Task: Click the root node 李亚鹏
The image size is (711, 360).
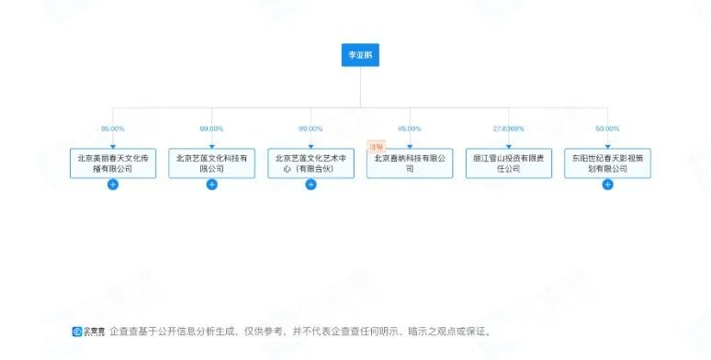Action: click(x=359, y=55)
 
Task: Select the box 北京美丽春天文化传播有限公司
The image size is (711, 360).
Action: click(x=113, y=163)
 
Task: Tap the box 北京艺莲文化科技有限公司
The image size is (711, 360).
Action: click(x=212, y=163)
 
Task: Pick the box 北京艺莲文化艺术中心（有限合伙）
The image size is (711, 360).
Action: click(x=310, y=163)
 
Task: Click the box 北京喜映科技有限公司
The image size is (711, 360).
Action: click(x=410, y=163)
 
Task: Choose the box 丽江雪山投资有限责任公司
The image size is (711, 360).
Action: click(x=509, y=163)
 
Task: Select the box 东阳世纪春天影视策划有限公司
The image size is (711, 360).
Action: click(x=607, y=163)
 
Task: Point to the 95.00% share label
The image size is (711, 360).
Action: click(x=113, y=129)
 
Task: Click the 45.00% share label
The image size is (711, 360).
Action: click(x=410, y=129)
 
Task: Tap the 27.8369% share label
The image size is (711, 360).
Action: click(x=509, y=129)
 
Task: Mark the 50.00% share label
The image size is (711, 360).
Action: click(x=607, y=129)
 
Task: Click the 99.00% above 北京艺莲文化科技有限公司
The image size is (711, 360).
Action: click(x=212, y=129)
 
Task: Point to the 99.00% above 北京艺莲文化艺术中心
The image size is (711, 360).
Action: click(x=310, y=129)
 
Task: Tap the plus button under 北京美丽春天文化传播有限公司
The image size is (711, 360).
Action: click(x=113, y=185)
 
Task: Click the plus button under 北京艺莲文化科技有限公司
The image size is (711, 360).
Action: click(x=212, y=185)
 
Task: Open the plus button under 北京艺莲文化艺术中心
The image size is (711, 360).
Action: click(x=310, y=185)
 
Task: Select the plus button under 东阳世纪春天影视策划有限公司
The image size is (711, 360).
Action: click(x=607, y=185)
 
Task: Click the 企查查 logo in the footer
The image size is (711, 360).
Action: click(x=88, y=332)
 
